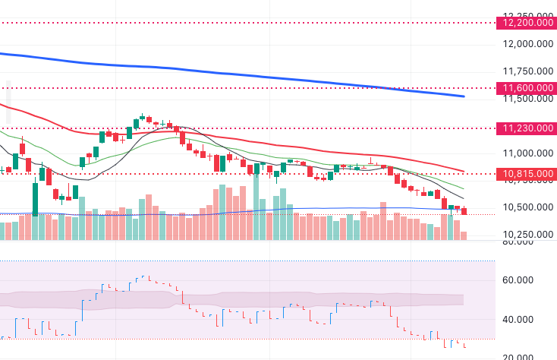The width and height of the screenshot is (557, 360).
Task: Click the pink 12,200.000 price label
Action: tap(526, 23)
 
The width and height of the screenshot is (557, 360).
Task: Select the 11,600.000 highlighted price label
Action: tap(526, 89)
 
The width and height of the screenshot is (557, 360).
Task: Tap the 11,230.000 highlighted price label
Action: tap(526, 128)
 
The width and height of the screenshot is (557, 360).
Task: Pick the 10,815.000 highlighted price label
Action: tap(526, 175)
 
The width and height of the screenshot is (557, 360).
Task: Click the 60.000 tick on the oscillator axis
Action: tap(520, 280)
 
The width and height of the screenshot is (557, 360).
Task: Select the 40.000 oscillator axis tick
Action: tap(520, 320)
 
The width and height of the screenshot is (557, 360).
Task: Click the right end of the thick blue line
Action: tap(464, 96)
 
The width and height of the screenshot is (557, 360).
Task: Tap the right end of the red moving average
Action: tap(464, 171)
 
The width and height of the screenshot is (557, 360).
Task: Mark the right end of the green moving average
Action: tap(464, 188)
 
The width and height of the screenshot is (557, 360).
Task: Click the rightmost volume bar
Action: tap(464, 235)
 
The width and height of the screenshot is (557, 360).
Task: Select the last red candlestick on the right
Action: tap(464, 211)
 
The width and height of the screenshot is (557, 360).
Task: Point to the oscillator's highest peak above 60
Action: tap(144, 276)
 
